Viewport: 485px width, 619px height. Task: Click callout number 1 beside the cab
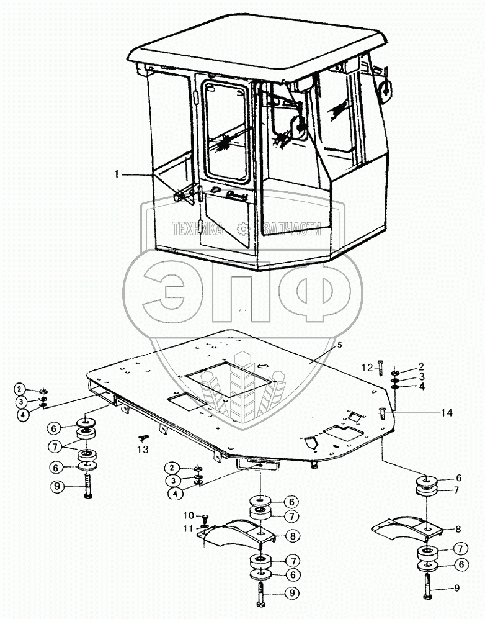(x=116, y=175)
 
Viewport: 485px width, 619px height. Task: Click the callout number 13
(x=143, y=450)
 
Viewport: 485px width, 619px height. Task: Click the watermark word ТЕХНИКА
(x=197, y=230)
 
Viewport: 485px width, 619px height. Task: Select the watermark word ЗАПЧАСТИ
(x=291, y=230)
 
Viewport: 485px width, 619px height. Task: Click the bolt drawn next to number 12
(x=380, y=368)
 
